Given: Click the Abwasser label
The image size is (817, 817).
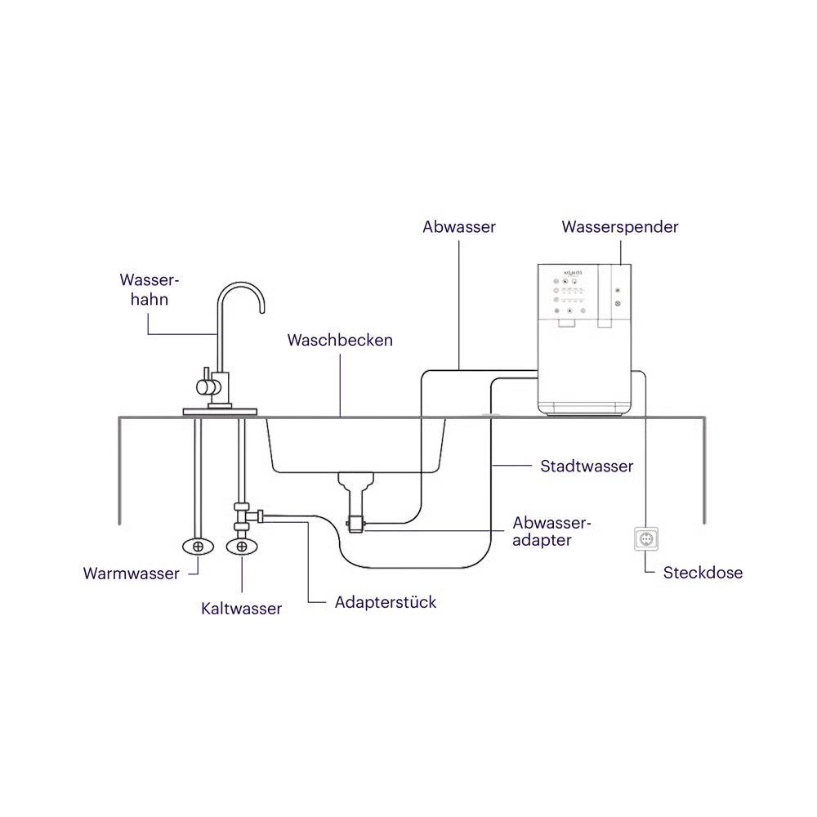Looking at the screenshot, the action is pyautogui.click(x=459, y=227).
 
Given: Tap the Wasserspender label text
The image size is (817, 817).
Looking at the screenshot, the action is pyautogui.click(x=620, y=227).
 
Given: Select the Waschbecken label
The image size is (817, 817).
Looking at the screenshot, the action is pyautogui.click(x=340, y=340).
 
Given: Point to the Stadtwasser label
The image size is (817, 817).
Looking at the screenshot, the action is pyautogui.click(x=587, y=466).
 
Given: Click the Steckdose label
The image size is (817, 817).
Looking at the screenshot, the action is pyautogui.click(x=703, y=573).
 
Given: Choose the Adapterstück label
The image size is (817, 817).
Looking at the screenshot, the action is pyautogui.click(x=386, y=602).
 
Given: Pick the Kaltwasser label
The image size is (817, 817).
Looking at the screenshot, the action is pyautogui.click(x=241, y=609).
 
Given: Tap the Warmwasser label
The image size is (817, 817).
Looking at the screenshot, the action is pyautogui.click(x=132, y=574).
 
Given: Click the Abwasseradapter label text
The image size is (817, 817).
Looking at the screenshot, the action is pyautogui.click(x=551, y=531).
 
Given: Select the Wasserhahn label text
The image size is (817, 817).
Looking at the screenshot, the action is pyautogui.click(x=150, y=290).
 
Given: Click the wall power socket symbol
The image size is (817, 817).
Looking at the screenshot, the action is pyautogui.click(x=646, y=539).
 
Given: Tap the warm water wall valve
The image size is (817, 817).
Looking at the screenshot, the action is pyautogui.click(x=198, y=547).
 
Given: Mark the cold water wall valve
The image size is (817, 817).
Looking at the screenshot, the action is pyautogui.click(x=242, y=547).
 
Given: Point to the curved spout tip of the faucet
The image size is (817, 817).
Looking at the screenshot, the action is pyautogui.click(x=262, y=310).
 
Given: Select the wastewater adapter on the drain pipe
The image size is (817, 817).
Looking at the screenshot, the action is pyautogui.click(x=355, y=524).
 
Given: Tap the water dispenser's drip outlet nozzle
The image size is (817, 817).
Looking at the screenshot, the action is pyautogui.click(x=567, y=323).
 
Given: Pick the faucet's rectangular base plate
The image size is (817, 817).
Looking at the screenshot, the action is pyautogui.click(x=220, y=412).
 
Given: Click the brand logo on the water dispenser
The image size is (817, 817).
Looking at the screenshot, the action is pyautogui.click(x=573, y=273).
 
